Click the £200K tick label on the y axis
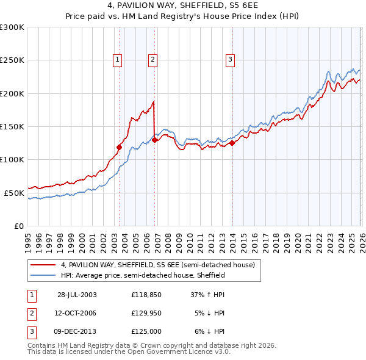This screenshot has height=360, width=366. pyautogui.click(x=12, y=93)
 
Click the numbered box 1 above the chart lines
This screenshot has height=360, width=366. pyautogui.click(x=117, y=59)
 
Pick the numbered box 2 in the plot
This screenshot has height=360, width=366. pyautogui.click(x=152, y=59)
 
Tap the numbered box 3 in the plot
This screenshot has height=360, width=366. pyautogui.click(x=230, y=59)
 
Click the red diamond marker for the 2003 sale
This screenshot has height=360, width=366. pyautogui.click(x=120, y=147)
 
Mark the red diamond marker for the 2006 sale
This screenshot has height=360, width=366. pyautogui.click(x=155, y=140)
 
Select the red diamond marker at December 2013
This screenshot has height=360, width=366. pyautogui.click(x=232, y=143)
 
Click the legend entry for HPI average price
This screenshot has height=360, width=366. pyautogui.click(x=143, y=275)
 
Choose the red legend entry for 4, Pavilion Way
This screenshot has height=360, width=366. pyautogui.click(x=161, y=264)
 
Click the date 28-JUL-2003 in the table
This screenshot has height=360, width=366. pyautogui.click(x=77, y=294)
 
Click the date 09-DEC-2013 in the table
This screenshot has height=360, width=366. pyautogui.click(x=77, y=331)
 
